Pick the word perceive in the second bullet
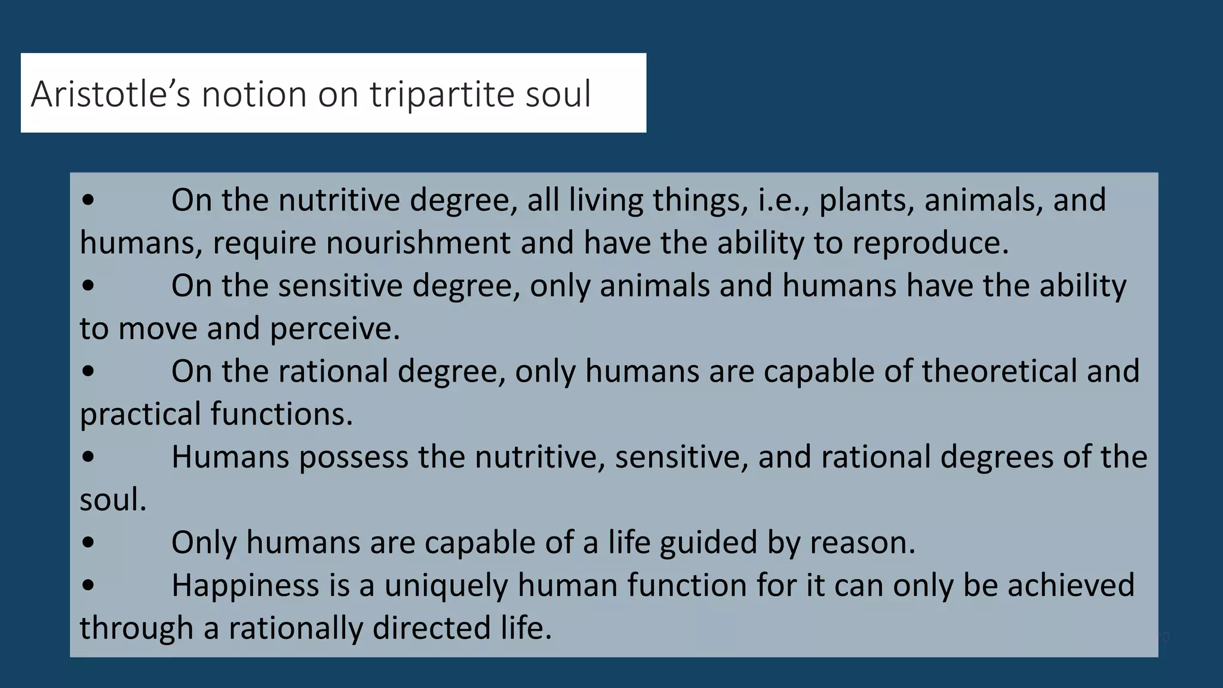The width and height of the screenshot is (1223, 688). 334,329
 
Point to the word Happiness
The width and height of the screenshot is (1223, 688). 245,585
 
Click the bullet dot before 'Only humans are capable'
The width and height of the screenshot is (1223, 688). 88,543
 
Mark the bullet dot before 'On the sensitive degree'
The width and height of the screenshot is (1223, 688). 88,286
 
